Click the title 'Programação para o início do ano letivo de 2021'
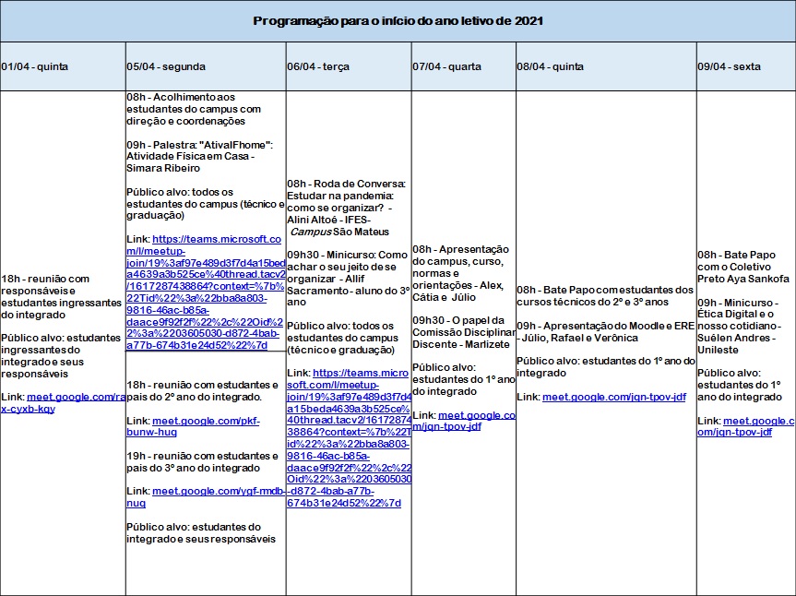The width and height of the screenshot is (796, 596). (x=398, y=20)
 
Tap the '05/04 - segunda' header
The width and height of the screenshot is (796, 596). (x=166, y=66)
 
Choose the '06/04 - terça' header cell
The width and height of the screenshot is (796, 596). (x=318, y=66)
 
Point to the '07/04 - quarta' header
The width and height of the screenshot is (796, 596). (x=446, y=66)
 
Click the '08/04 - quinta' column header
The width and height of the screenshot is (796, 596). (x=551, y=66)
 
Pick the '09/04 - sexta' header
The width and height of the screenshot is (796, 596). (x=730, y=66)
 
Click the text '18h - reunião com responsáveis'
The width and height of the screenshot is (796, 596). (x=46, y=278)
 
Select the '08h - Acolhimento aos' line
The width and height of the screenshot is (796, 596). (x=181, y=97)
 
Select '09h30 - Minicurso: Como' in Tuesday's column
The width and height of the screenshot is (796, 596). (x=347, y=255)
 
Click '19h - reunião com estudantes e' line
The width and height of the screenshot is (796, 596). (x=202, y=456)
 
